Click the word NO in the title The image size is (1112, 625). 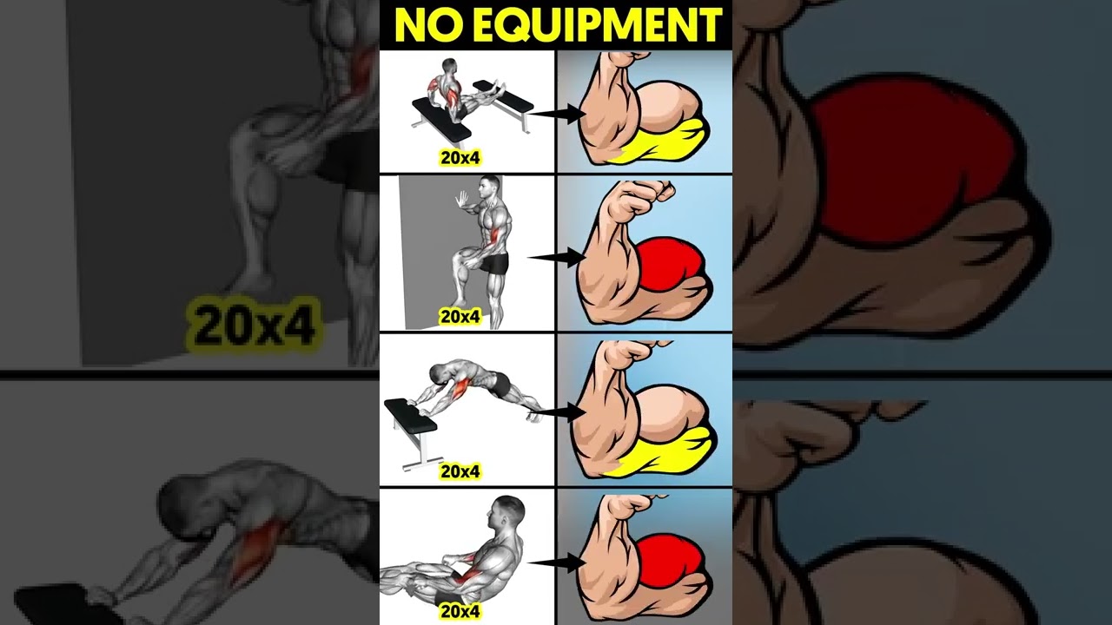coord(424,25)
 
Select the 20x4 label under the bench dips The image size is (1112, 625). coord(460,158)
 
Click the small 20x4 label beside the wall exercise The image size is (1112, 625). coord(460,317)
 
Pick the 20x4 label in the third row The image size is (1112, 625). coord(460,471)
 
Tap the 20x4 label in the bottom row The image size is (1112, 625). coord(460,611)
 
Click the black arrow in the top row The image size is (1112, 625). coord(558,113)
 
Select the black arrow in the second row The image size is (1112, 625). coord(558,257)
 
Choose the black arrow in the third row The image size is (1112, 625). coord(558,411)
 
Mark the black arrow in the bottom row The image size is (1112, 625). coord(558,563)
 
